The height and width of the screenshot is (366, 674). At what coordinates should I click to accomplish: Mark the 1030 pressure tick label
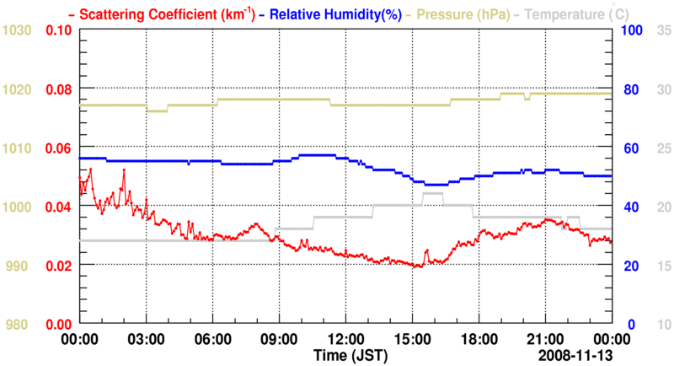(x=17, y=30)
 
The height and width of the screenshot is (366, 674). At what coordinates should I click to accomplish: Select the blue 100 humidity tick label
(x=632, y=30)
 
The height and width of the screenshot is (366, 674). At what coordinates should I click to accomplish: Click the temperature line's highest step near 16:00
(x=432, y=194)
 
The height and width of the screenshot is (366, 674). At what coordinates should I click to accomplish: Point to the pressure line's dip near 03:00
(x=157, y=110)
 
